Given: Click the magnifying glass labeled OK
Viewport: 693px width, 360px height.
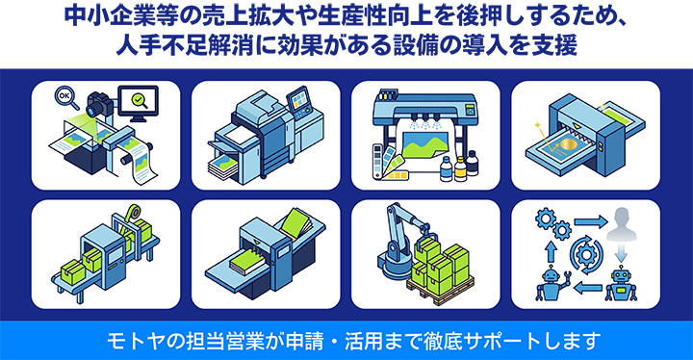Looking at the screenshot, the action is pos(65,97).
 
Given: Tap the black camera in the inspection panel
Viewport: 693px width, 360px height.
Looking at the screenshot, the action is pos(99,104).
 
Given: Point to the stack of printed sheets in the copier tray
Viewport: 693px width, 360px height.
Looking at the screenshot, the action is pos(223,167).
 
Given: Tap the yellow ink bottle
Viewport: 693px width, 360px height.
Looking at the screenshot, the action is pos(460,169).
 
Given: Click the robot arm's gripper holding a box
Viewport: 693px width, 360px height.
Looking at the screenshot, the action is pos(423,231).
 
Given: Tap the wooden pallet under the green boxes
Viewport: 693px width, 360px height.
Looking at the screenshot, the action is pos(442,290).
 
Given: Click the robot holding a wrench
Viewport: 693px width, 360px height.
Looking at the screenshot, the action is pos(552,284).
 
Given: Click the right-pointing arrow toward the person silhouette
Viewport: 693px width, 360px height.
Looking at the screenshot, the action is pos(590,221).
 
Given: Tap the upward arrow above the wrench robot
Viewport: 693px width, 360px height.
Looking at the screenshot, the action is pos(551,251).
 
